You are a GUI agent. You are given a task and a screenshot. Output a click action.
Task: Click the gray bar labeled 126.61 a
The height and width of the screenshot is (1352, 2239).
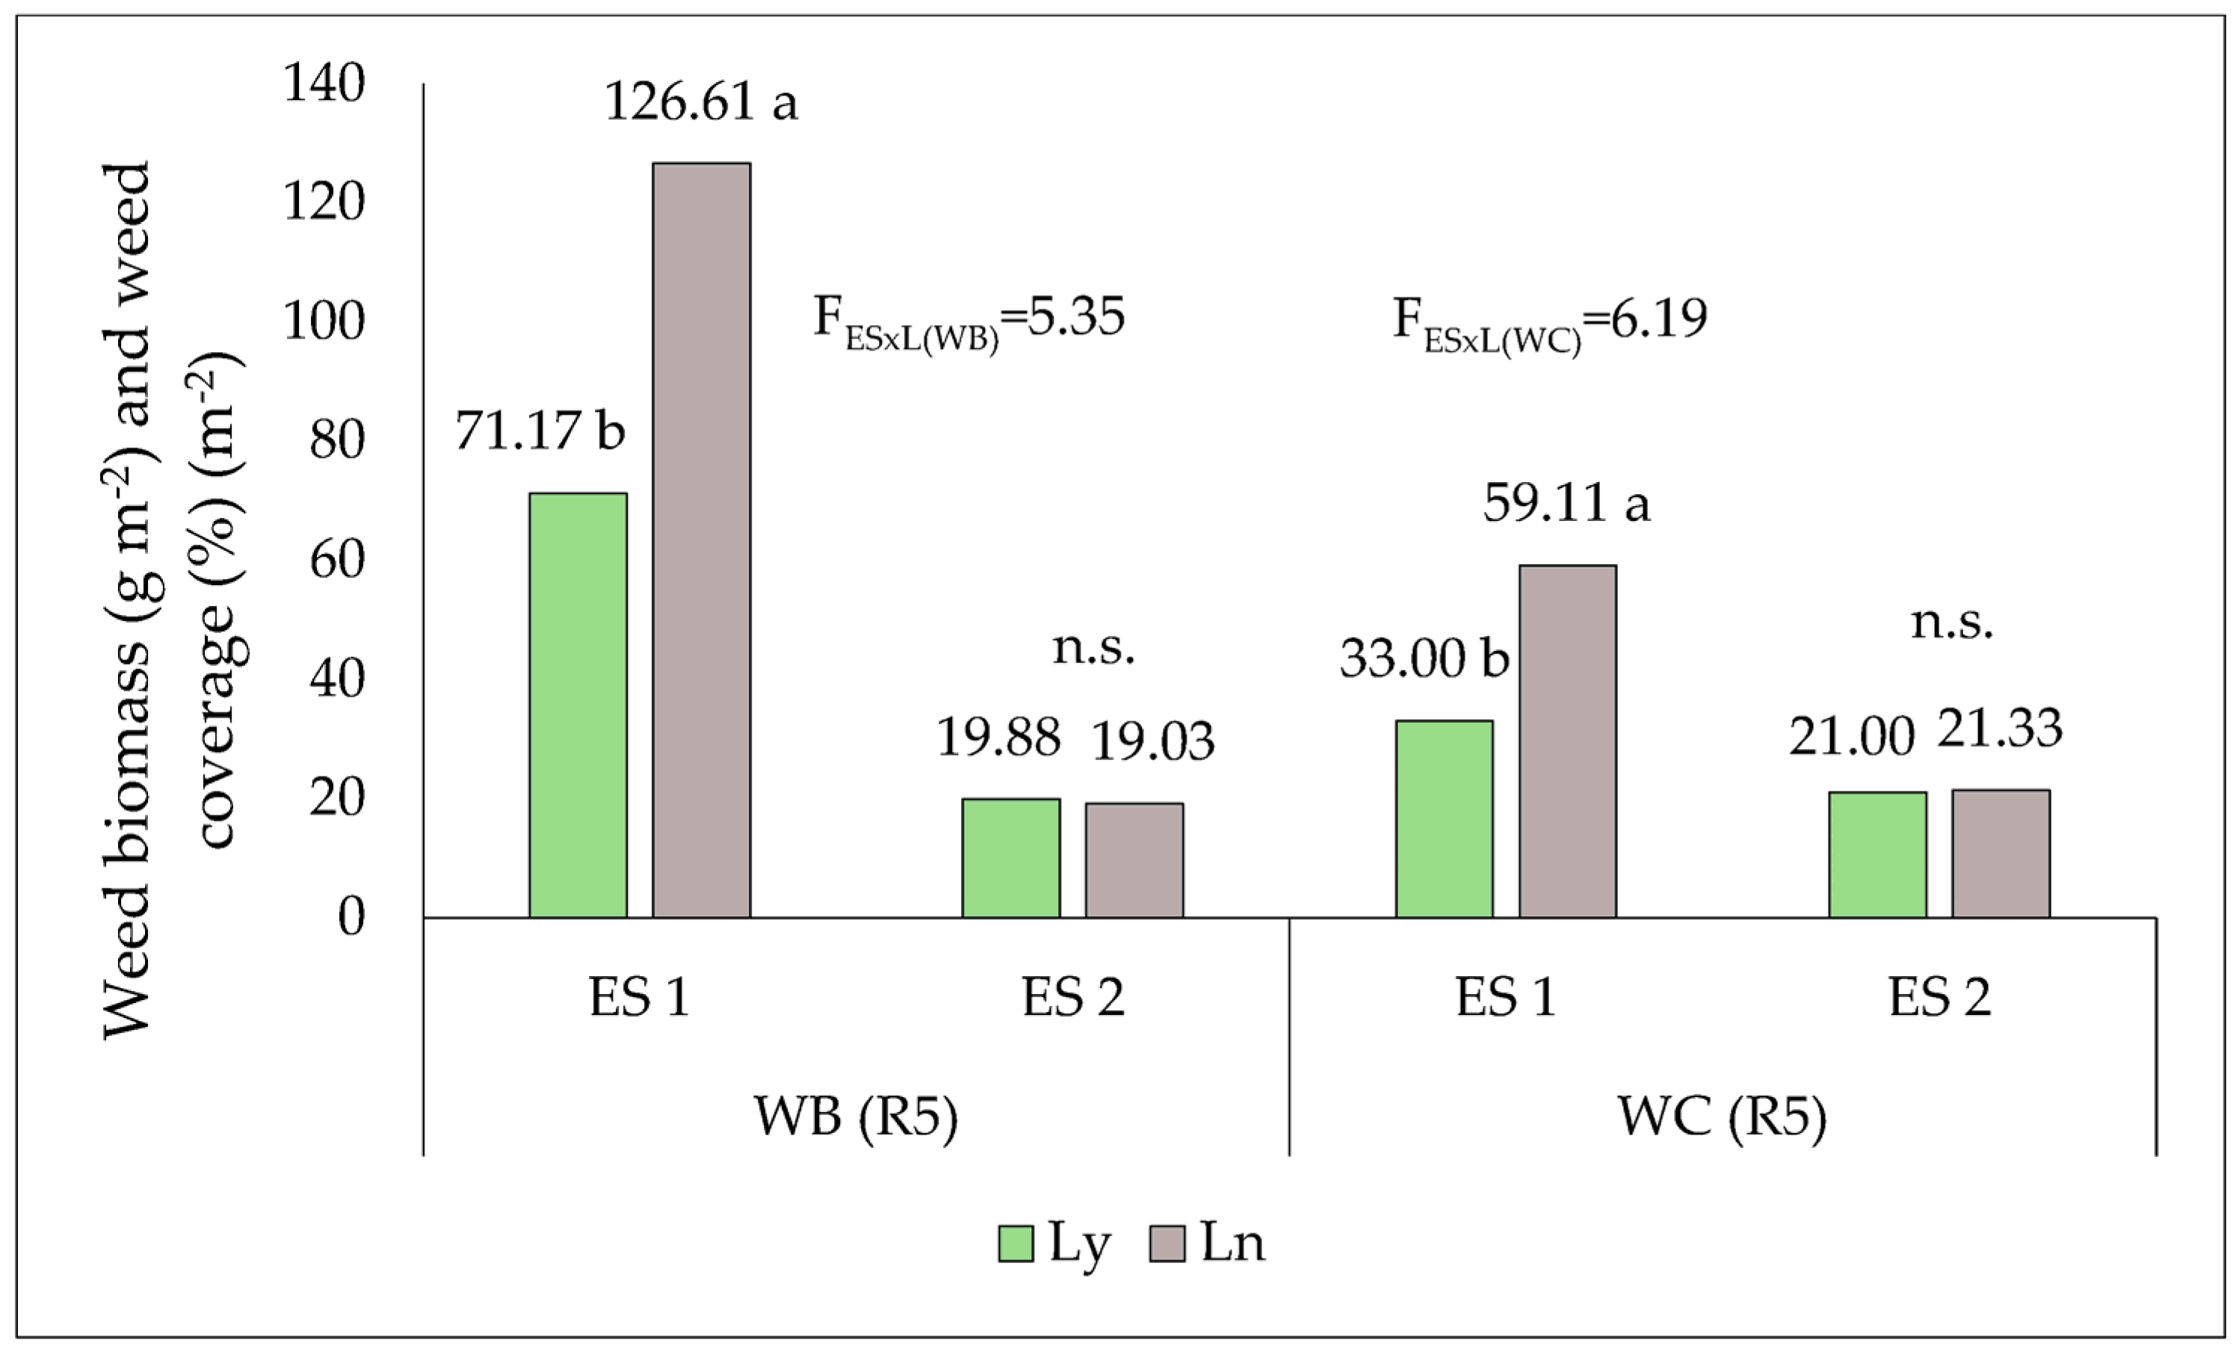click(x=702, y=540)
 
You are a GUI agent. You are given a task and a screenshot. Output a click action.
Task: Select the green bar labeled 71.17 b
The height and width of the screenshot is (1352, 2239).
click(x=578, y=705)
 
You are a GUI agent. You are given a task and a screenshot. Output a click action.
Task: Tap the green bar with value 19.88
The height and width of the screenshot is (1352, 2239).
click(x=1010, y=858)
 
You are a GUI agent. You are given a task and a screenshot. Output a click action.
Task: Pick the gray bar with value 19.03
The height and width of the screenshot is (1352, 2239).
click(x=1134, y=859)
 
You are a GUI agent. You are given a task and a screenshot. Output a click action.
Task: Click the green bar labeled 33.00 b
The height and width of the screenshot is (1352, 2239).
click(x=1444, y=818)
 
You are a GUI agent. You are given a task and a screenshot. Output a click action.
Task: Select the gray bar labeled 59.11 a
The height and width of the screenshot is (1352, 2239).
click(x=1567, y=741)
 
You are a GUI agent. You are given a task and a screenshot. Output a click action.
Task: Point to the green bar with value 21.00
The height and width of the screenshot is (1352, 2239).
click(x=1877, y=854)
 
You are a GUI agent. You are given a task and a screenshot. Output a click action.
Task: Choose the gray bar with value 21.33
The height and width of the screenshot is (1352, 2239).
click(x=2001, y=854)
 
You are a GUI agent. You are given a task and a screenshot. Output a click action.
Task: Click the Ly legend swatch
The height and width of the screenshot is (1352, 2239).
click(x=1015, y=1243)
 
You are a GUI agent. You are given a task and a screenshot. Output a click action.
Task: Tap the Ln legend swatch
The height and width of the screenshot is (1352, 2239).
click(x=1167, y=1243)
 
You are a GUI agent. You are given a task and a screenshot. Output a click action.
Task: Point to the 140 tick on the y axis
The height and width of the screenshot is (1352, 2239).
click(x=324, y=84)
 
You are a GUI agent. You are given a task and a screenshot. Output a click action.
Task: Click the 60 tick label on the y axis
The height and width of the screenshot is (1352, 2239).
click(x=336, y=560)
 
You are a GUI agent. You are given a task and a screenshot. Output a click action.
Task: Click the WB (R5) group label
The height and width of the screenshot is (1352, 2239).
click(x=855, y=1116)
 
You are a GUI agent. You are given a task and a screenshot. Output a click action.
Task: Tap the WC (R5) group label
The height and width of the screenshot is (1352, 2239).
click(x=1721, y=1116)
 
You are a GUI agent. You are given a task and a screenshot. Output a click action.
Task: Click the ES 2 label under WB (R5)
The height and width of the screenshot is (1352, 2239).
click(x=1072, y=997)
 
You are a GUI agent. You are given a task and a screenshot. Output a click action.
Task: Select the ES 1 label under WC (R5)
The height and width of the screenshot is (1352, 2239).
click(x=1506, y=997)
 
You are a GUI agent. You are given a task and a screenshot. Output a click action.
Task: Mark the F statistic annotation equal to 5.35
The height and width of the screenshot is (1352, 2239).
click(x=969, y=320)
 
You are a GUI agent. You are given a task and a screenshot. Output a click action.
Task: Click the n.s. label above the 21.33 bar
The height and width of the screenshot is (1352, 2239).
click(x=1951, y=623)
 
